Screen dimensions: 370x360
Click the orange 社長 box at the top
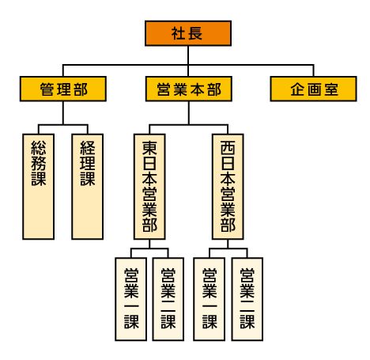[x=188, y=33]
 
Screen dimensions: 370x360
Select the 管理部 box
[x=63, y=89]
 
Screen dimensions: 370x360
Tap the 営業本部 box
[x=189, y=89]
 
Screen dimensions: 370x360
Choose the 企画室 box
[x=313, y=89]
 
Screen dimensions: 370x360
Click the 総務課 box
[x=39, y=187]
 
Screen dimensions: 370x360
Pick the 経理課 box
[x=88, y=187]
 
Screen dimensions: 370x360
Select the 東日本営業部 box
[x=149, y=187]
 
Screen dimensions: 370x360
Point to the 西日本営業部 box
[x=228, y=187]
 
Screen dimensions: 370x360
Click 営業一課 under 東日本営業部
[x=131, y=299]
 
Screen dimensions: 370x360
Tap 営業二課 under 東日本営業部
[x=168, y=299]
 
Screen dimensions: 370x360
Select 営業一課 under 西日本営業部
[x=210, y=299]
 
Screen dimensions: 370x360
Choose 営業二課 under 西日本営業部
[x=247, y=299]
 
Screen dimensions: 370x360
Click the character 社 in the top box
[x=179, y=33]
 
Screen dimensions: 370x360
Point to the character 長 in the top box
[x=195, y=33]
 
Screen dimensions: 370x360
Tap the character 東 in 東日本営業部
[x=149, y=148]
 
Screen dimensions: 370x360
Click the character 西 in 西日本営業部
[x=228, y=148]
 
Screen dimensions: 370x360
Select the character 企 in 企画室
[x=297, y=89]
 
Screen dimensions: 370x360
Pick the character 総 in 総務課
[x=39, y=147]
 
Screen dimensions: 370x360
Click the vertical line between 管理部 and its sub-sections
[x=63, y=113]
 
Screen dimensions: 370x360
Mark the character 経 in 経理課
[x=88, y=147]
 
